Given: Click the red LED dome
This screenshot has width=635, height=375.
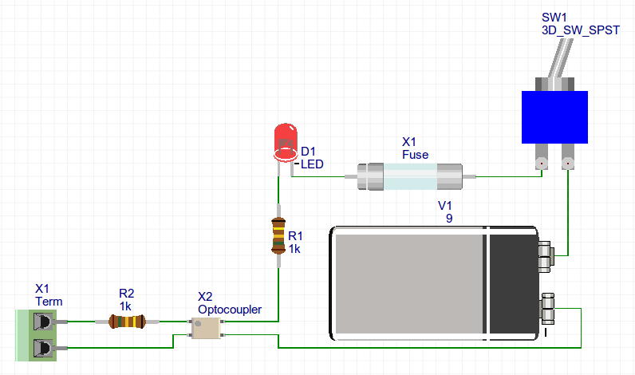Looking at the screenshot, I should click(x=284, y=137).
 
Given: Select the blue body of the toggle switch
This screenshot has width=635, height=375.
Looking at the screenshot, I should click(x=554, y=117).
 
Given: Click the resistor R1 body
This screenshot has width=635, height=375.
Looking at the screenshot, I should click(x=278, y=235).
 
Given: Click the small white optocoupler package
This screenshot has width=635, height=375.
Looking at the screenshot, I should click(x=205, y=326).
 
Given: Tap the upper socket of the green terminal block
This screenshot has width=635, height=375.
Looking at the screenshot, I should click(x=45, y=322).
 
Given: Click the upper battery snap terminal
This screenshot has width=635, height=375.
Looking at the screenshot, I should click(x=546, y=255).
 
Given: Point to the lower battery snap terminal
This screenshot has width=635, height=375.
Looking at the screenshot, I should click(x=549, y=306).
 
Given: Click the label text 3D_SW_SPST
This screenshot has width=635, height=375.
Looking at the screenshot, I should click(x=579, y=30).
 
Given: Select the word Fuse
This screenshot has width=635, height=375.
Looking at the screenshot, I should click(x=415, y=154).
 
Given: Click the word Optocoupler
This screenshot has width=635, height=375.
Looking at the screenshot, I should click(x=229, y=309).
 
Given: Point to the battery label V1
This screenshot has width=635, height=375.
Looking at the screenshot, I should click(x=445, y=205).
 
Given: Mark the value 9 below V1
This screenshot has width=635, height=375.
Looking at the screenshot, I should click(x=449, y=217).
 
